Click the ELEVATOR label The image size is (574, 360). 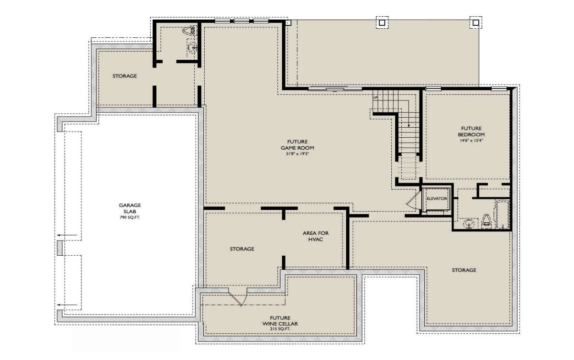pos(437,199)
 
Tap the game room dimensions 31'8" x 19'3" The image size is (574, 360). pos(297,154)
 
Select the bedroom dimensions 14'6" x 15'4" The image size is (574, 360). pos(471,140)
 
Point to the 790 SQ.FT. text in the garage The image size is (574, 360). pos(130,218)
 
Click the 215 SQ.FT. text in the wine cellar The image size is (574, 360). pos(280,329)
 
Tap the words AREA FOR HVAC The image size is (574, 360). pos(316,236)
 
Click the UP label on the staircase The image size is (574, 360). pos(375,98)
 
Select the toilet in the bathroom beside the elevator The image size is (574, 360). pos(486,220)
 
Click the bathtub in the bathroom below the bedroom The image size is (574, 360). pos(502,214)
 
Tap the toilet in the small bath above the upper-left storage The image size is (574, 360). pos(189,31)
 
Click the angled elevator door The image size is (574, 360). pos(413,200)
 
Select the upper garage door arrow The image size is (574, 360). pos(67,235)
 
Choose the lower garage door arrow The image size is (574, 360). pos(67,305)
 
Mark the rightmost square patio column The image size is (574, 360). pos(476,22)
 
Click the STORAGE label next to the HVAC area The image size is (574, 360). pos(242,249)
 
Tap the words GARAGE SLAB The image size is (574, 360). pos(130,208)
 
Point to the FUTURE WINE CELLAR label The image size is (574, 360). pos(280,321)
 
